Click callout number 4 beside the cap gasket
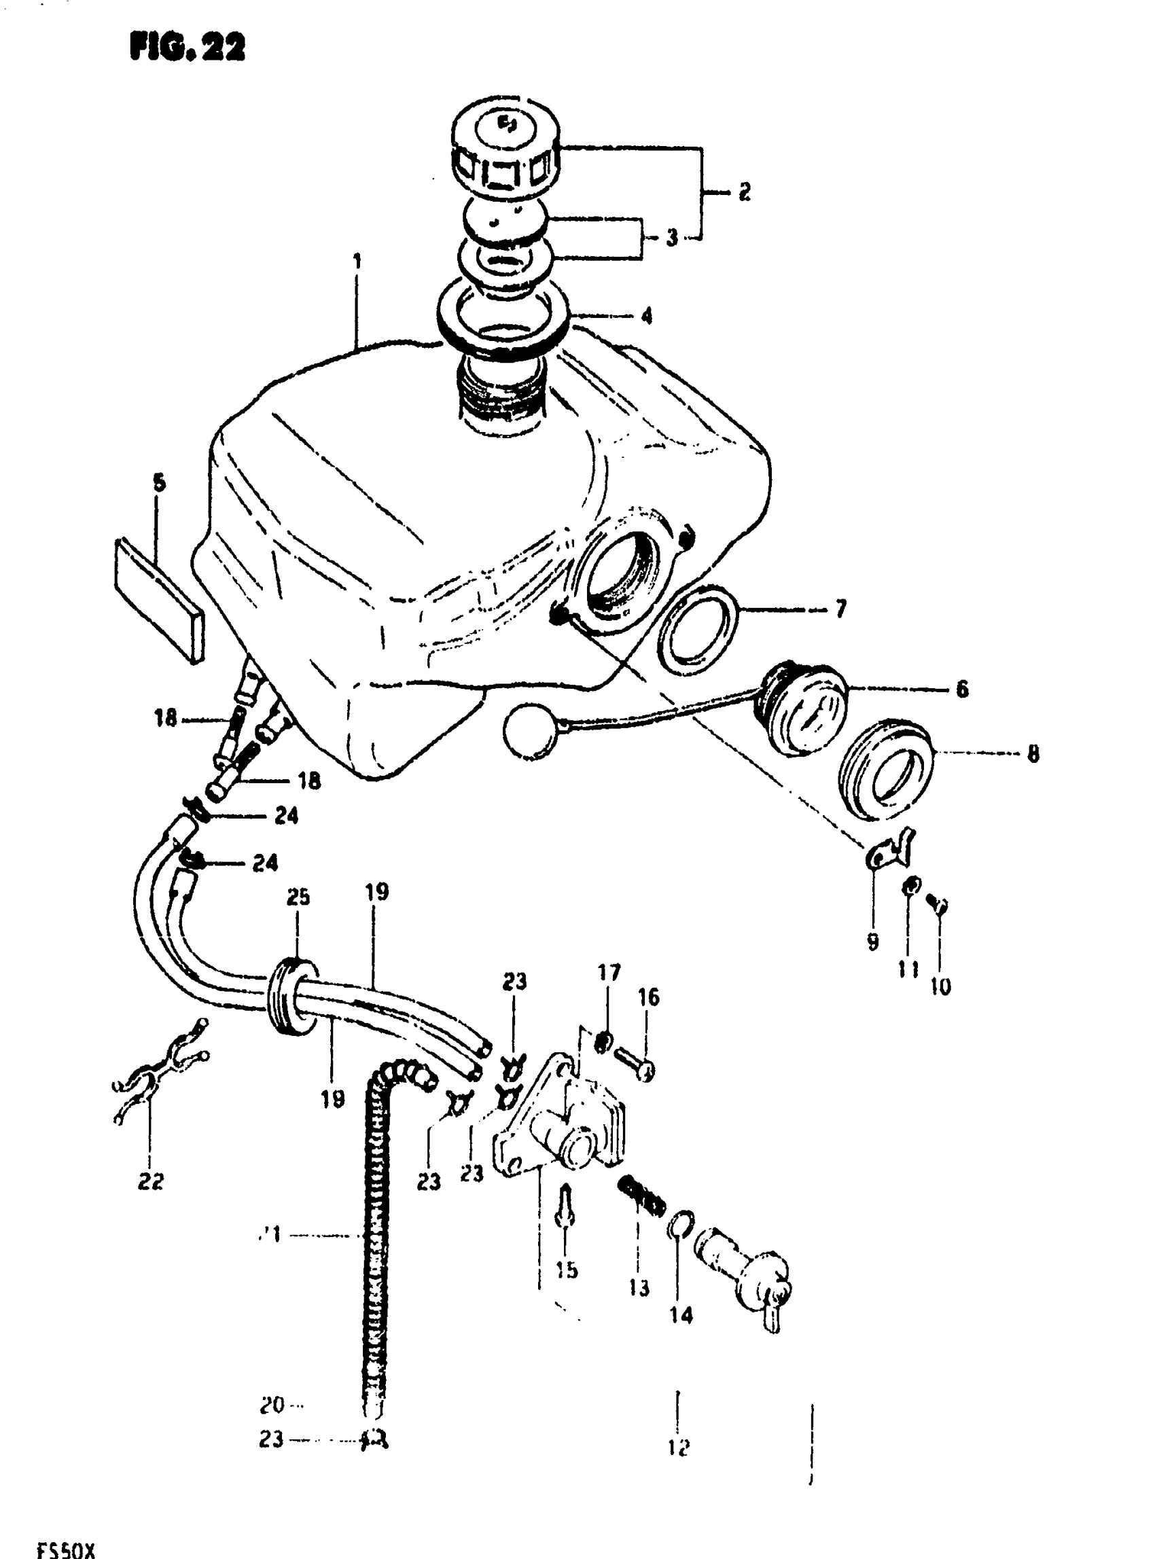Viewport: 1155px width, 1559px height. pos(647,316)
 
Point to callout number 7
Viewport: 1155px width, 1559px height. pos(840,609)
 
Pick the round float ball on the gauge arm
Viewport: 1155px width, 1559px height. pos(531,730)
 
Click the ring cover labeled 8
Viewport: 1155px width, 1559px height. pos(887,769)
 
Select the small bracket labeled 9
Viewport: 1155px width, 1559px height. pos(888,847)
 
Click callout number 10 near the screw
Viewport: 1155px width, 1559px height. pos(941,986)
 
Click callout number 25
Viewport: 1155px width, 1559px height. pos(298,897)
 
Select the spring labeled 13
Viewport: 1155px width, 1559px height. pos(641,1196)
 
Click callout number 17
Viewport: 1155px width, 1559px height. pos(609,973)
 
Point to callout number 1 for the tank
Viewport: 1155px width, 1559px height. pos(357,262)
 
